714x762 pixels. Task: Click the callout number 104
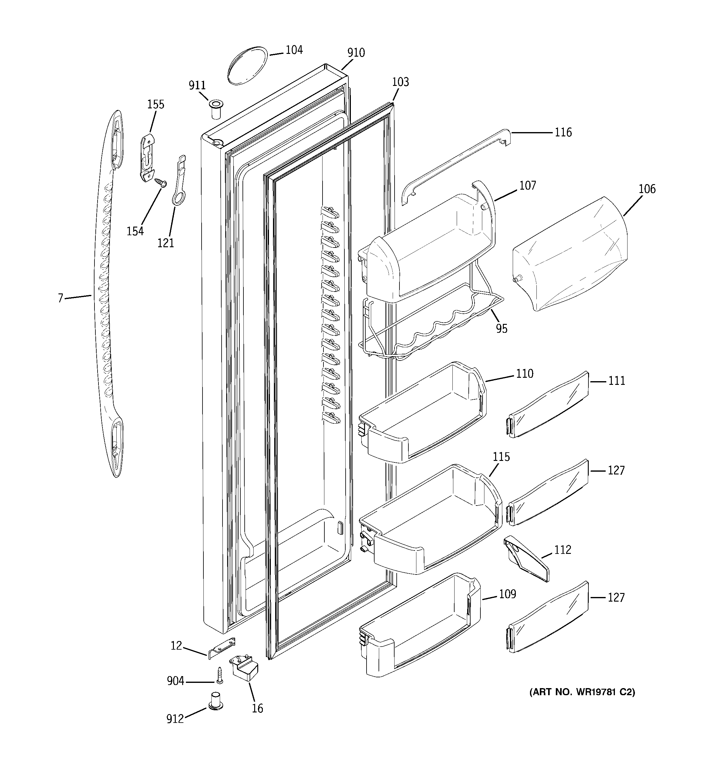294,50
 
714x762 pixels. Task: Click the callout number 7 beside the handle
60,298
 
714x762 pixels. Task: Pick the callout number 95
501,329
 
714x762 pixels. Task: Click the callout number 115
501,457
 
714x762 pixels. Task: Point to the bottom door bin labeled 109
420,629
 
